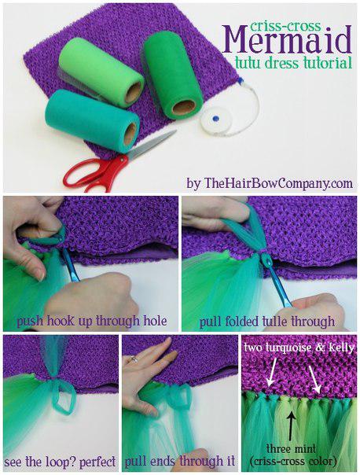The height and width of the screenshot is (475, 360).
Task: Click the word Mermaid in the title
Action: coord(287,41)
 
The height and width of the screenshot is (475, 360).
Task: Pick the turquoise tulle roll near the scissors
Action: coord(92,120)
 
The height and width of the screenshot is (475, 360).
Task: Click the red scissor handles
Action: coord(95,173)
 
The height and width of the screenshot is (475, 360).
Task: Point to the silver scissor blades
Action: coord(152,145)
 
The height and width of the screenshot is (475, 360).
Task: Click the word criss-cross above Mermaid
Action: coord(285,26)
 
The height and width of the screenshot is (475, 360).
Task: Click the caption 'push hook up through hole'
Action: coord(92,321)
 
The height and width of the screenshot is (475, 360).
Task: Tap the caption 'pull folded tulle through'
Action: coord(267,321)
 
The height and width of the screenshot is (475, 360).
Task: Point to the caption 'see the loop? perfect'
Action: coord(60,462)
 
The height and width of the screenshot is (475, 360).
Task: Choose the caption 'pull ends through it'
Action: coord(180,462)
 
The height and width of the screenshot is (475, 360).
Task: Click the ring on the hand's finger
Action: coord(134,359)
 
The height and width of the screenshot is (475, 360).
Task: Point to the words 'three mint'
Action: coord(292,448)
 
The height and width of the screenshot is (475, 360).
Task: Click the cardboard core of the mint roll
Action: coord(134,92)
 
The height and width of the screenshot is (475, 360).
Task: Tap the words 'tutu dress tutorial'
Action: coord(293,63)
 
